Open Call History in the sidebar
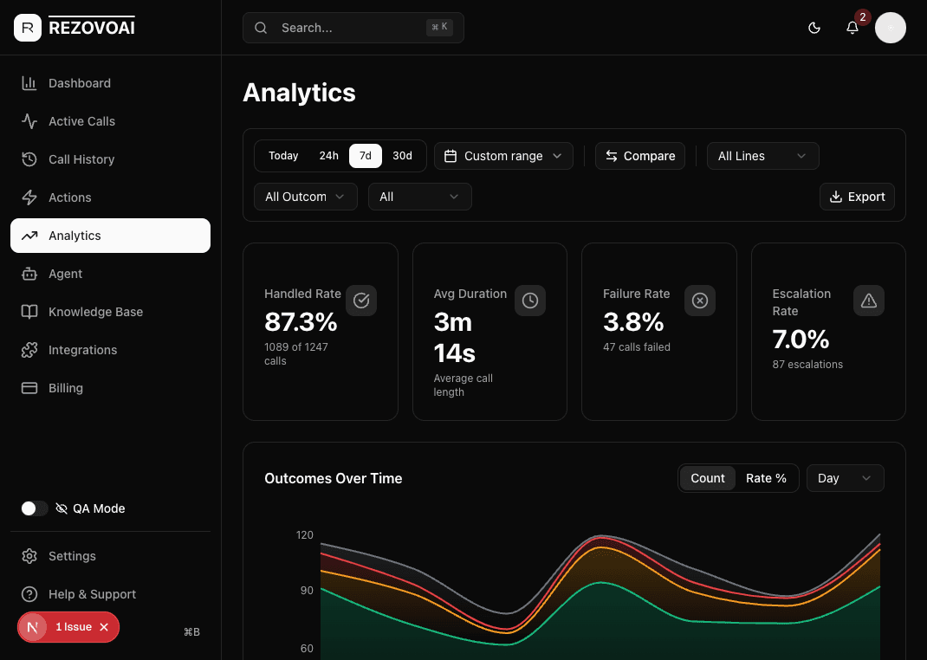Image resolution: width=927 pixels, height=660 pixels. tap(81, 159)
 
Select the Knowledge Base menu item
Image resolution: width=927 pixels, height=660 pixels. tap(95, 312)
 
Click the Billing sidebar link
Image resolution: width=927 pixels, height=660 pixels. tap(66, 388)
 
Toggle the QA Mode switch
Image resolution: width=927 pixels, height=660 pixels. tap(35, 508)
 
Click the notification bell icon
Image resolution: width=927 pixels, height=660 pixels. tap(852, 28)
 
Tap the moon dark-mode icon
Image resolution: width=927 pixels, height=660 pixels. tap(814, 28)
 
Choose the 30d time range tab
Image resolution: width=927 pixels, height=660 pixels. tap(402, 156)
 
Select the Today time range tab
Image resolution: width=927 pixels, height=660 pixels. tap(283, 156)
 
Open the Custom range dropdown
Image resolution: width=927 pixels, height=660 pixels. tap(503, 156)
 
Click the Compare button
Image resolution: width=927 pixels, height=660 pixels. tap(640, 156)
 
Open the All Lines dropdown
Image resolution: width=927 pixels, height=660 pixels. tap(762, 156)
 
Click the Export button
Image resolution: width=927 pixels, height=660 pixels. tap(857, 197)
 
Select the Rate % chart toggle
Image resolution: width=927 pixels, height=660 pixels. tap(766, 478)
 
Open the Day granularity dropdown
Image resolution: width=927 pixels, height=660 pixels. tap(845, 478)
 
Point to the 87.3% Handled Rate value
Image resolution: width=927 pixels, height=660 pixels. tap(301, 322)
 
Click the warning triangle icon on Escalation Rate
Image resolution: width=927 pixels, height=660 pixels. tap(869, 301)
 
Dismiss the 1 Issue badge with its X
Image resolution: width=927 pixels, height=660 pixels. tap(104, 627)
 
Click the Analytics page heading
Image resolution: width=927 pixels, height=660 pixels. tap(299, 93)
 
